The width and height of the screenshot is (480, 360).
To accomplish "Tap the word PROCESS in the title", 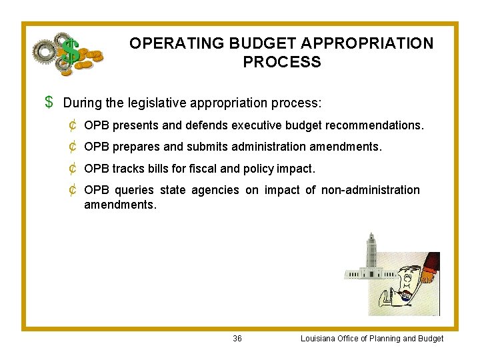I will click(281, 63).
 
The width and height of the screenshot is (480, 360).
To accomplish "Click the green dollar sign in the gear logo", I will click(71, 53).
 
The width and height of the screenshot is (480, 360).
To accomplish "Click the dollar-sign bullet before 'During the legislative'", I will click(49, 103).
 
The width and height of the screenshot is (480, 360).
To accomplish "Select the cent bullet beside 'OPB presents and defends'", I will click(72, 125).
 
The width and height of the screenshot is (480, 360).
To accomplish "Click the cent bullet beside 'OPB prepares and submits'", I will click(72, 147).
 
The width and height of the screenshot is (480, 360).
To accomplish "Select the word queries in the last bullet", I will click(133, 191).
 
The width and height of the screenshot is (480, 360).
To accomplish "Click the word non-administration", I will click(371, 191).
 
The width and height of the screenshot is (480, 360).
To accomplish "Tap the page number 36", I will click(237, 339).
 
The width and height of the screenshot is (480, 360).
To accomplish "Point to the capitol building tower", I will click(371, 251).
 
